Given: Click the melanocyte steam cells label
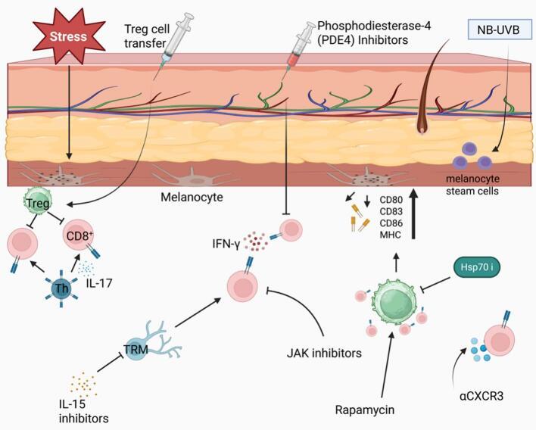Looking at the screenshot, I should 479,186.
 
